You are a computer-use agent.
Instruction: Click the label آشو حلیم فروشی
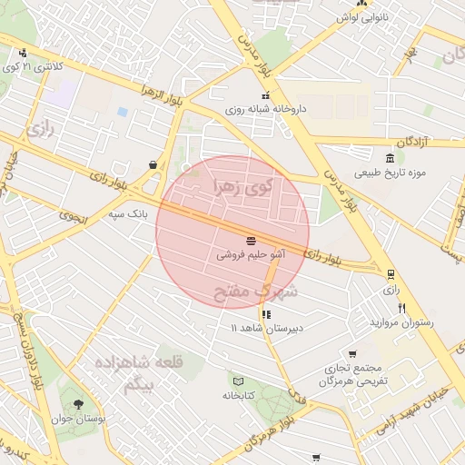point(250,256)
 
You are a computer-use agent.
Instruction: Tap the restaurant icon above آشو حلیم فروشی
point(250,242)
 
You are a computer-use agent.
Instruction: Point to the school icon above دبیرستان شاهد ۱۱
point(265,314)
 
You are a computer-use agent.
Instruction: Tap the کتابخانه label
point(238,395)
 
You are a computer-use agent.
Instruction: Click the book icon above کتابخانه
point(238,381)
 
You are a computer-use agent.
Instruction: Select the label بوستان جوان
point(79,418)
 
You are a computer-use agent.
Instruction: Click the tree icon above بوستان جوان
point(79,403)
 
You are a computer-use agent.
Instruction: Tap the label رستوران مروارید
point(401,322)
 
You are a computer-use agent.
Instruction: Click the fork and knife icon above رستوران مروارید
point(401,308)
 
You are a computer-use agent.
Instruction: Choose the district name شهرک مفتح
point(255,292)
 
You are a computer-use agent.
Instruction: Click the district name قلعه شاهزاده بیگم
point(137,372)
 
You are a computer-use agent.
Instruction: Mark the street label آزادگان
point(418,142)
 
